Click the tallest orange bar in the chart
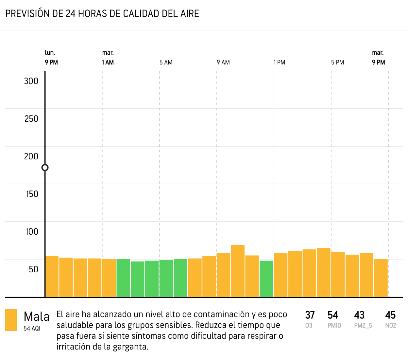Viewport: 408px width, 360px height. pyautogui.click(x=238, y=271)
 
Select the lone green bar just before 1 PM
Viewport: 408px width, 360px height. pyautogui.click(x=266, y=279)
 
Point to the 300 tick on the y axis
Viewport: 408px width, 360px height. pyautogui.click(x=31, y=81)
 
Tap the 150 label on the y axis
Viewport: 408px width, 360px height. pyautogui.click(x=32, y=194)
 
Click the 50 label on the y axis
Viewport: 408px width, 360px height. pyautogui.click(x=33, y=269)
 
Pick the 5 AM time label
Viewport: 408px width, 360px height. pyautogui.click(x=166, y=63)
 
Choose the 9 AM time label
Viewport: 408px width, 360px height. pyautogui.click(x=223, y=63)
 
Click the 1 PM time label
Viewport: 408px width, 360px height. pyautogui.click(x=280, y=63)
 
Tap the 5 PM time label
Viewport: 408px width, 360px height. pyautogui.click(x=337, y=63)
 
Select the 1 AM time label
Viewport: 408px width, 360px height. pyautogui.click(x=108, y=63)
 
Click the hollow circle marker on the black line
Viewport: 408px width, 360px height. pyautogui.click(x=45, y=168)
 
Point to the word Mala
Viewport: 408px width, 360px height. pyautogui.click(x=37, y=317)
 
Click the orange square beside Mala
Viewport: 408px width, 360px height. pyautogui.click(x=11, y=320)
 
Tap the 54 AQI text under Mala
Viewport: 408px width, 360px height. pyautogui.click(x=32, y=328)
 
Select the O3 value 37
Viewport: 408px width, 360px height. pyautogui.click(x=310, y=315)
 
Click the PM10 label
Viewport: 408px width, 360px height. pyautogui.click(x=334, y=326)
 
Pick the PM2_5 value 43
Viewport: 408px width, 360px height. pyautogui.click(x=359, y=315)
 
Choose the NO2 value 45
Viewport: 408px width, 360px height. pyautogui.click(x=390, y=315)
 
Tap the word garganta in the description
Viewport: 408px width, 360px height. pyautogui.click(x=130, y=347)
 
